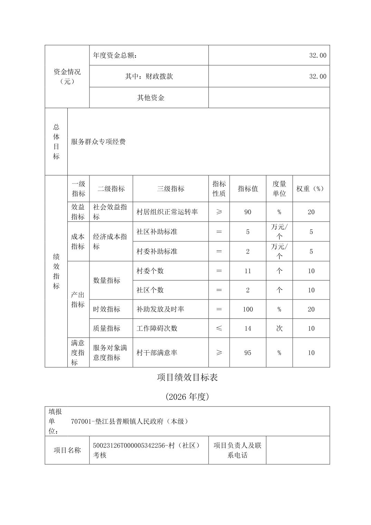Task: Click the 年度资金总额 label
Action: tap(115, 55)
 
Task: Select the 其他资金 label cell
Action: tap(151, 98)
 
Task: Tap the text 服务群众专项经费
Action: tap(98, 142)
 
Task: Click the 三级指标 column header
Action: tap(170, 189)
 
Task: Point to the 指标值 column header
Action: tap(248, 189)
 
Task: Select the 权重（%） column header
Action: tap(311, 189)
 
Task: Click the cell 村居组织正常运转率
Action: tap(167, 212)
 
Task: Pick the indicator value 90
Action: tap(248, 212)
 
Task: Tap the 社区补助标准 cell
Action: tap(157, 231)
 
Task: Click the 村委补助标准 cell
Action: tap(157, 251)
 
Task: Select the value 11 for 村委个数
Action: tap(248, 271)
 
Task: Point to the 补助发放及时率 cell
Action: tap(160, 309)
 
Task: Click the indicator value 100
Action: tap(248, 309)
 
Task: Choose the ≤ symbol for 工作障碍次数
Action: tap(219, 328)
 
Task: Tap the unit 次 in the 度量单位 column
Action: tap(279, 328)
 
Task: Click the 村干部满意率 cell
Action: tap(157, 353)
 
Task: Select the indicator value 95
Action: tap(248, 353)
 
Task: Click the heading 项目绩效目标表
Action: tap(187, 377)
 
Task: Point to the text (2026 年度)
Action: tap(187, 397)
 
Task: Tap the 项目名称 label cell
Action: tap(67, 450)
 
